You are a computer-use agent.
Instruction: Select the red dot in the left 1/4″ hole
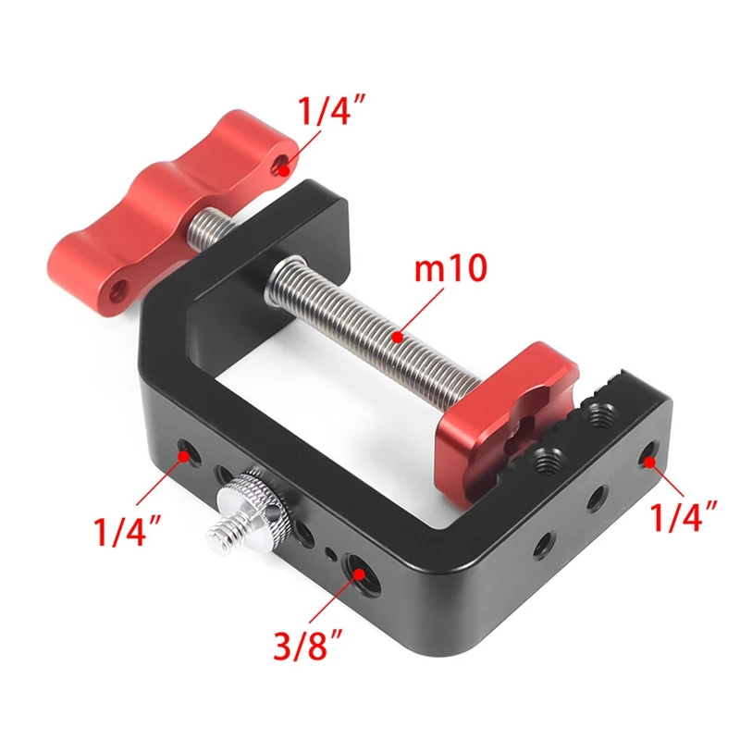click(x=185, y=453)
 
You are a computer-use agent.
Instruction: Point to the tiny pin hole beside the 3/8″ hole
click(x=330, y=555)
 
